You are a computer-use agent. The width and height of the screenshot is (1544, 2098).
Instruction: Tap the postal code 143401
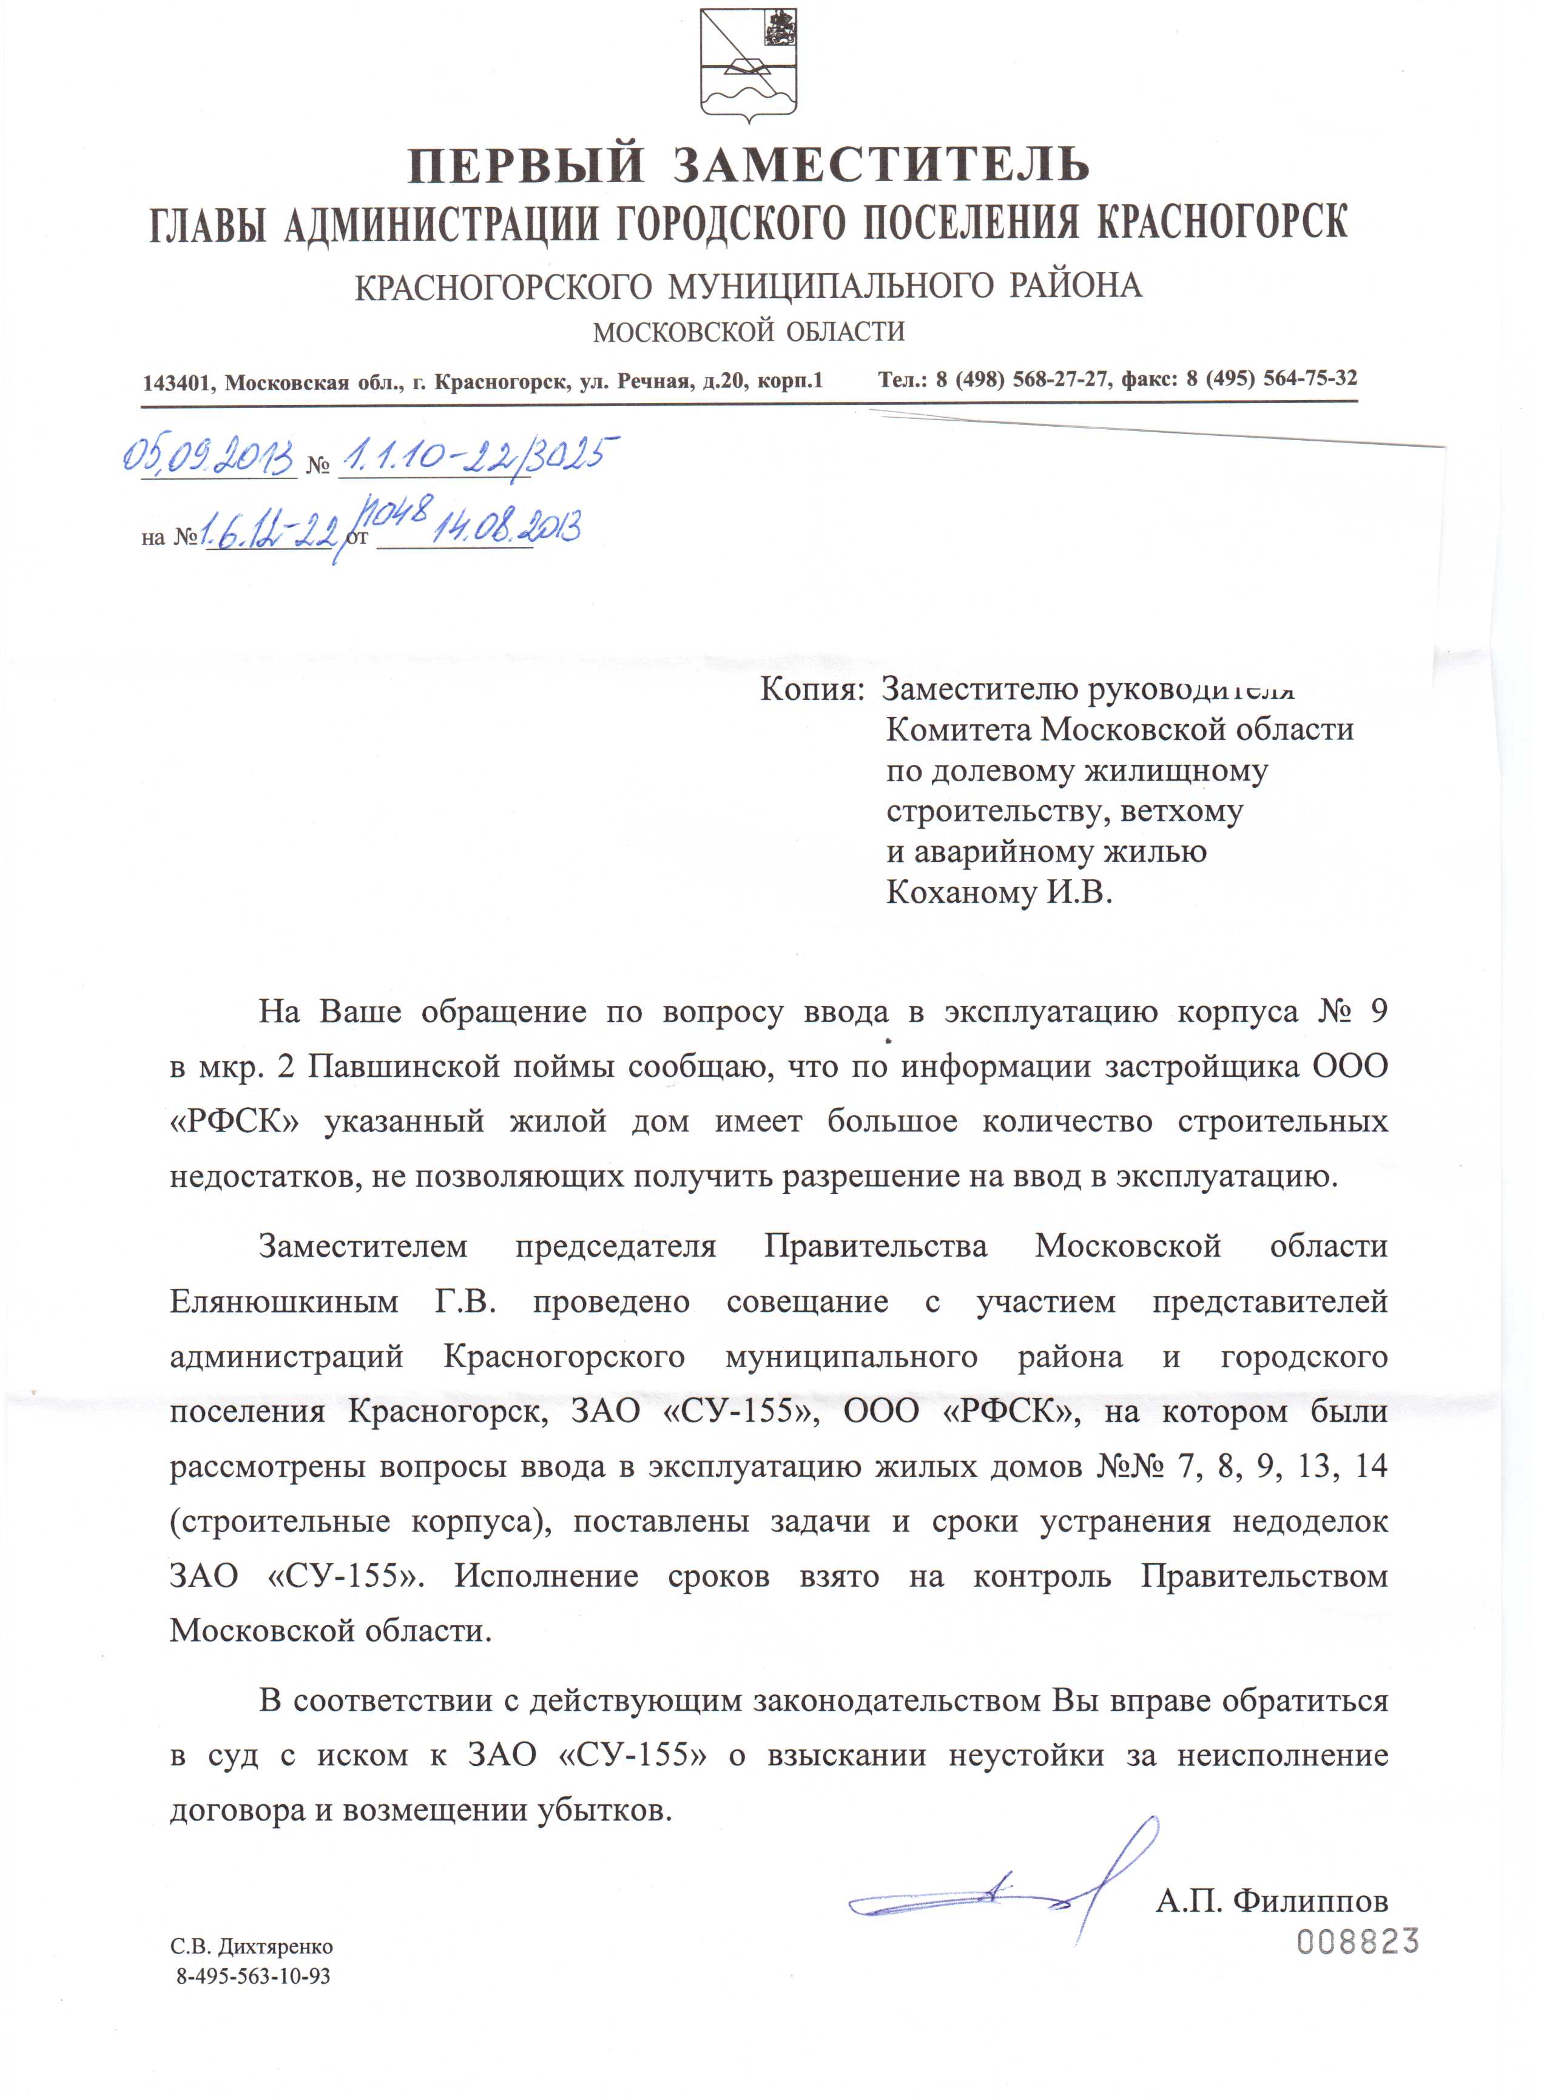click(178, 383)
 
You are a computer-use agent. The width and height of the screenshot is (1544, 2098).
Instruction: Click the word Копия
click(809, 690)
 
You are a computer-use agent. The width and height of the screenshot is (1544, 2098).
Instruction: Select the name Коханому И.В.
click(999, 893)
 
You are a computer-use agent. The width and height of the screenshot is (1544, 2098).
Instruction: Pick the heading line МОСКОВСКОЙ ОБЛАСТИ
click(749, 332)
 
